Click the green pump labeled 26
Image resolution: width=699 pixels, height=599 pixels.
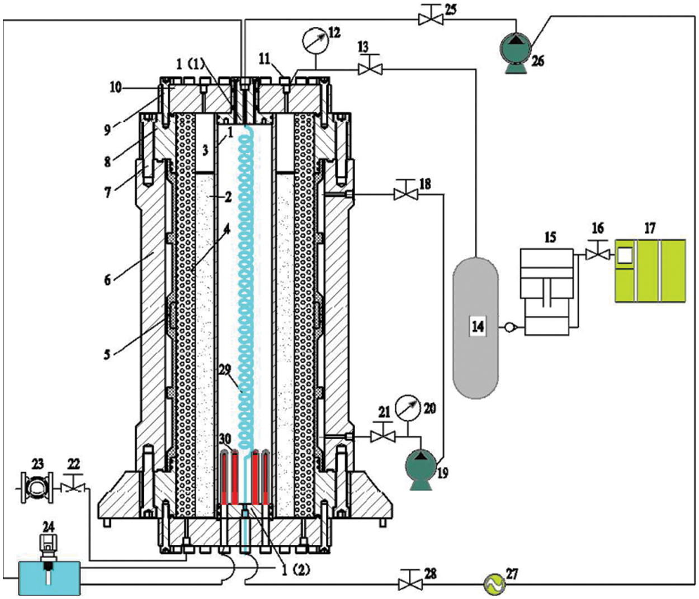517,52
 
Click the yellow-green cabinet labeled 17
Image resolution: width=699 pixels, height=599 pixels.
650,270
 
